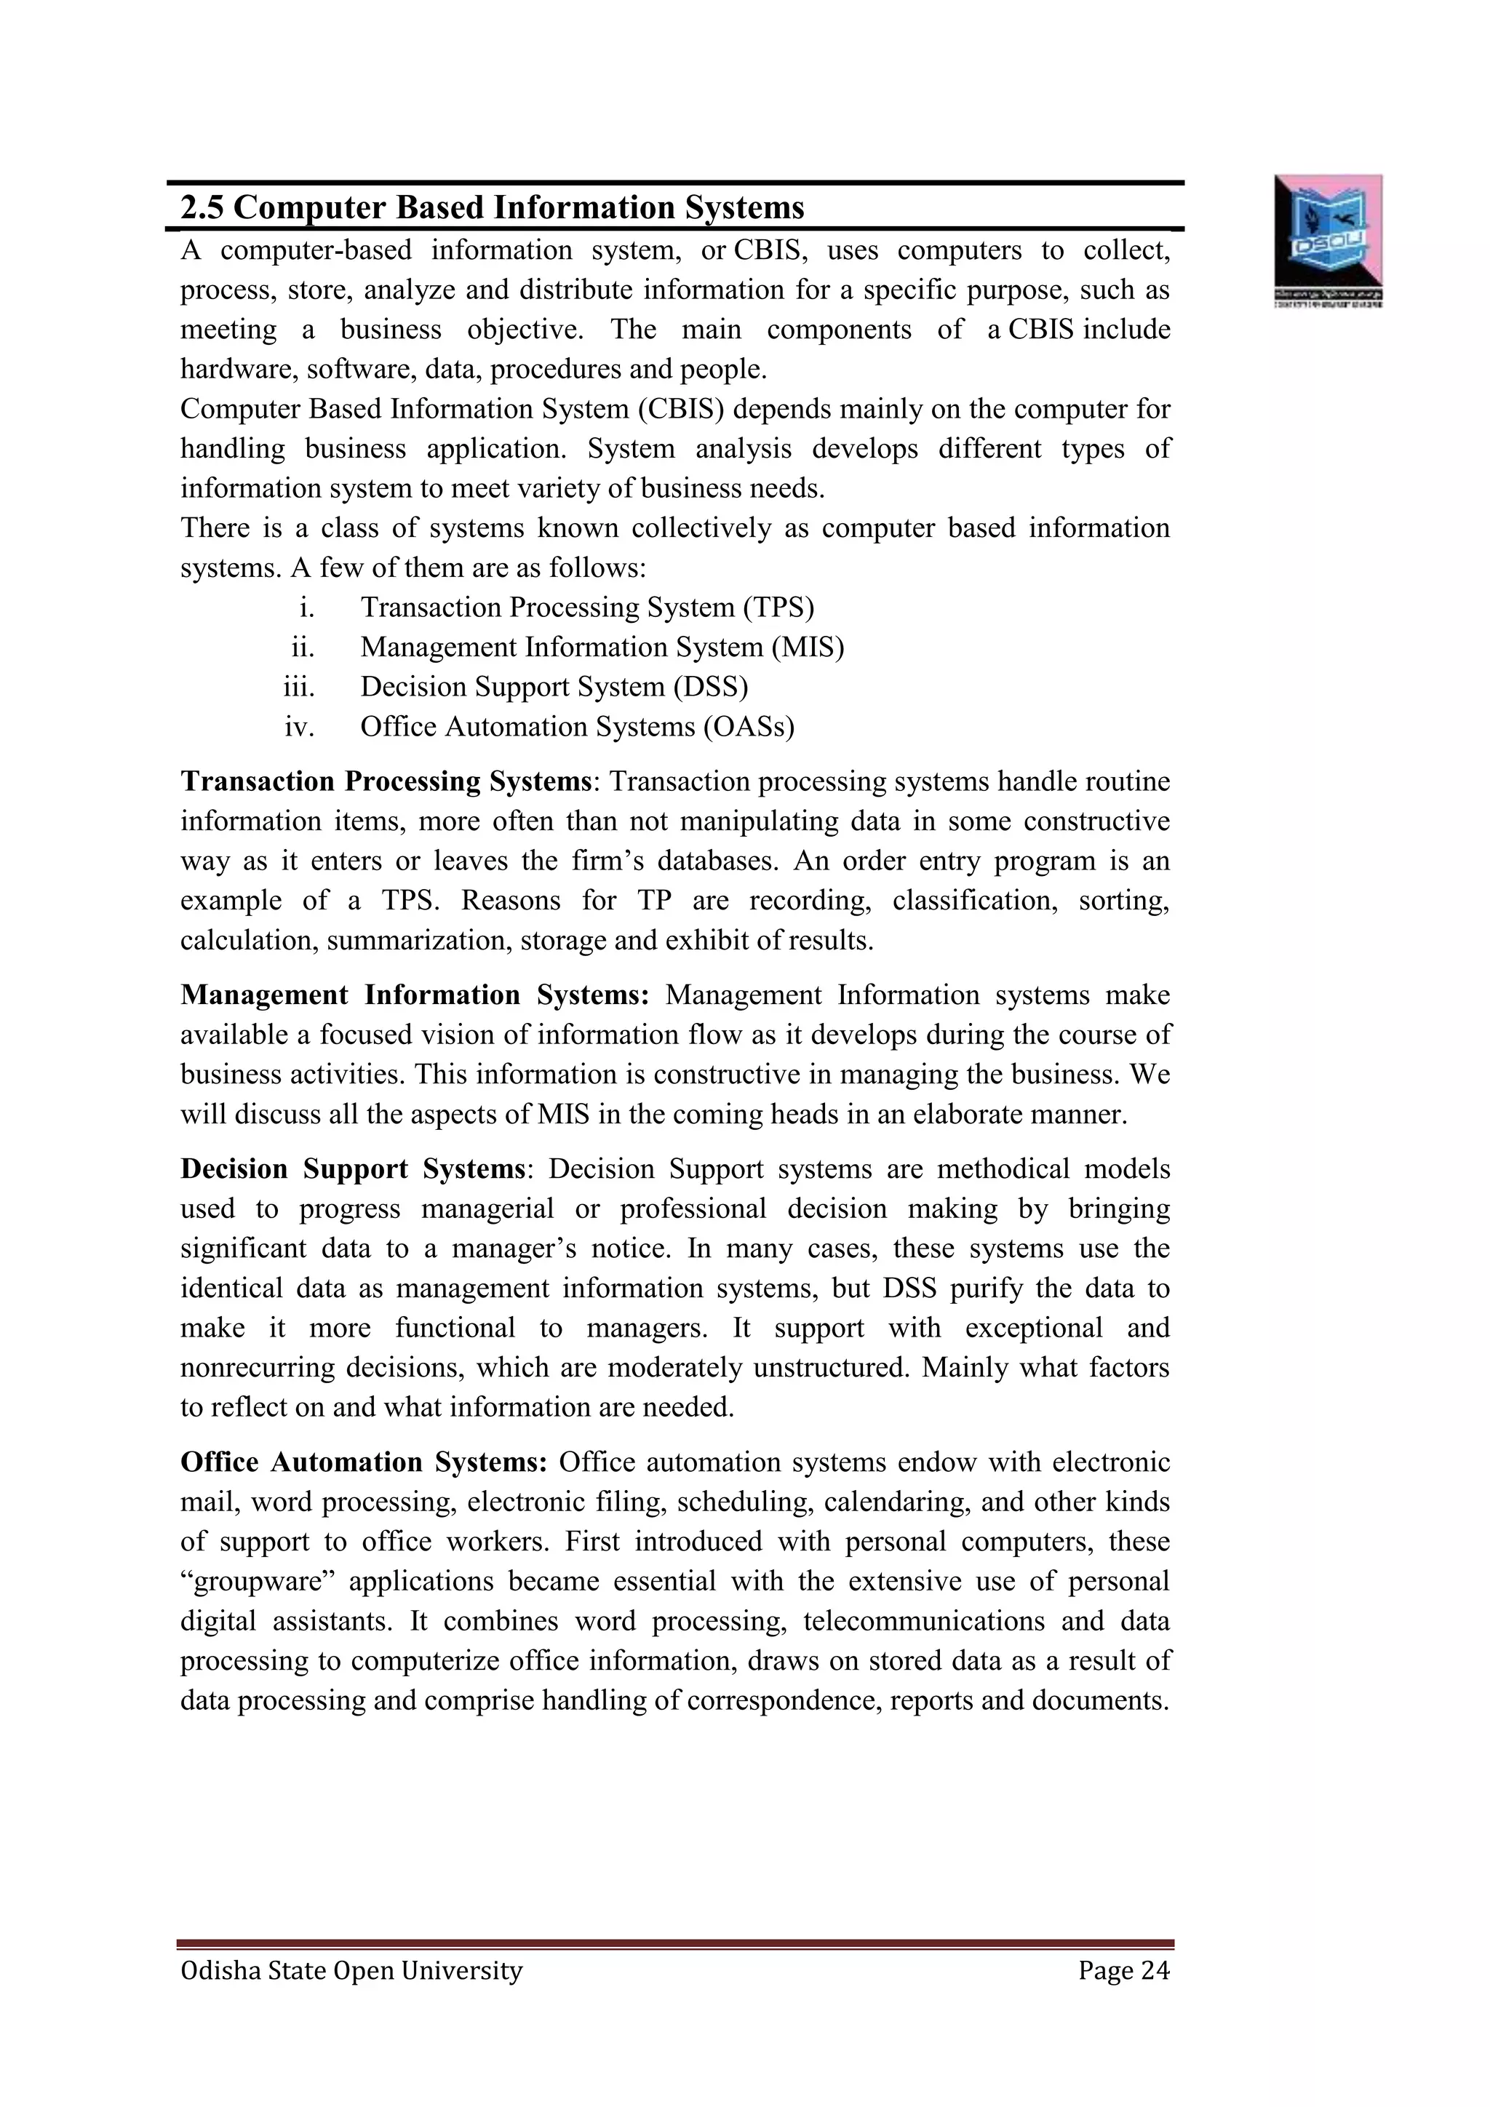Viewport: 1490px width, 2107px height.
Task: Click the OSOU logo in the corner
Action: (1328, 239)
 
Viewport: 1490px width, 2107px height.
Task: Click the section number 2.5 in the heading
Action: (202, 207)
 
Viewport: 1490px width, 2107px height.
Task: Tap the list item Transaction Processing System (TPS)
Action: (587, 608)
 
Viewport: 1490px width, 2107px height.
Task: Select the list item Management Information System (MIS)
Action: (602, 647)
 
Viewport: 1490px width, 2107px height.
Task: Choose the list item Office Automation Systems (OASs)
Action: (577, 727)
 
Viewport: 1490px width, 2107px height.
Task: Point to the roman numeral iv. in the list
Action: (299, 727)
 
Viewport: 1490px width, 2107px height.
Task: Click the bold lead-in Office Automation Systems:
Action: (363, 1462)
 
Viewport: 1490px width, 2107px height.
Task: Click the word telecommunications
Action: (923, 1620)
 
